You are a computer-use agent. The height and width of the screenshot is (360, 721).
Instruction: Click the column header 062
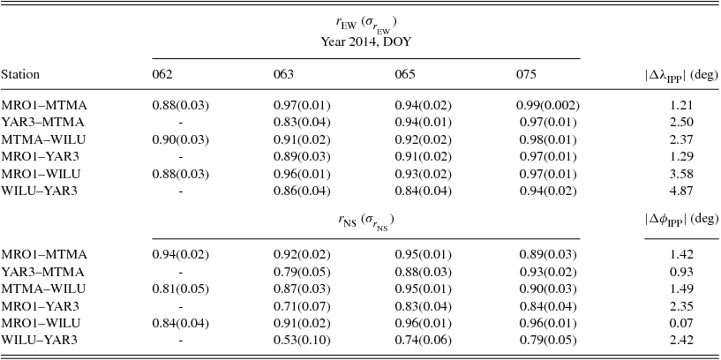click(162, 75)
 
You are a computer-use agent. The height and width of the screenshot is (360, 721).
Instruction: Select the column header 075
click(526, 75)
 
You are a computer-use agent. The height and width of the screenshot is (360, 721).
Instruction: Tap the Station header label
click(20, 75)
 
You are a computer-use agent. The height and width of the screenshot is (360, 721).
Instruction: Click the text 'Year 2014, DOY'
click(365, 41)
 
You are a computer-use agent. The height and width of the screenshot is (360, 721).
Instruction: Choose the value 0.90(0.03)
click(181, 139)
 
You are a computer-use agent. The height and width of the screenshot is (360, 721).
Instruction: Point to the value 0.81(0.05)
click(181, 289)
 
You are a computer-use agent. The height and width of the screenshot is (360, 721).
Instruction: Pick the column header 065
click(405, 75)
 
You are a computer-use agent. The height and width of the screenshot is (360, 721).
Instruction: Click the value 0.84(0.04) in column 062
click(181, 323)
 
